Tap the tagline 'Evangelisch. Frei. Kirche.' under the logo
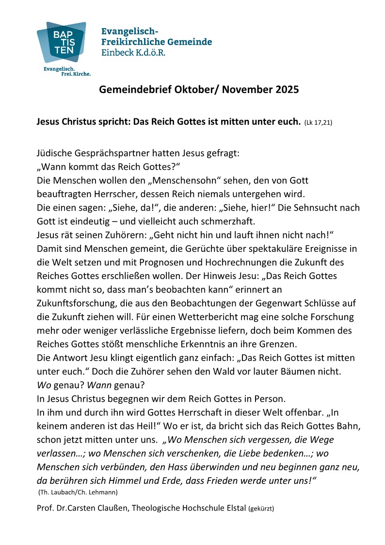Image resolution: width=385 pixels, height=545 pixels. pyautogui.click(x=67, y=71)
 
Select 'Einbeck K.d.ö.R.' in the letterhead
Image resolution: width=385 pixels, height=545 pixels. pyautogui.click(x=133, y=52)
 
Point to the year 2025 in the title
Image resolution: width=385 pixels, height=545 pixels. pyautogui.click(x=285, y=90)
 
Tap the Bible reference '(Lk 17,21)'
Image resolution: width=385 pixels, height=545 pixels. pyautogui.click(x=318, y=123)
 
